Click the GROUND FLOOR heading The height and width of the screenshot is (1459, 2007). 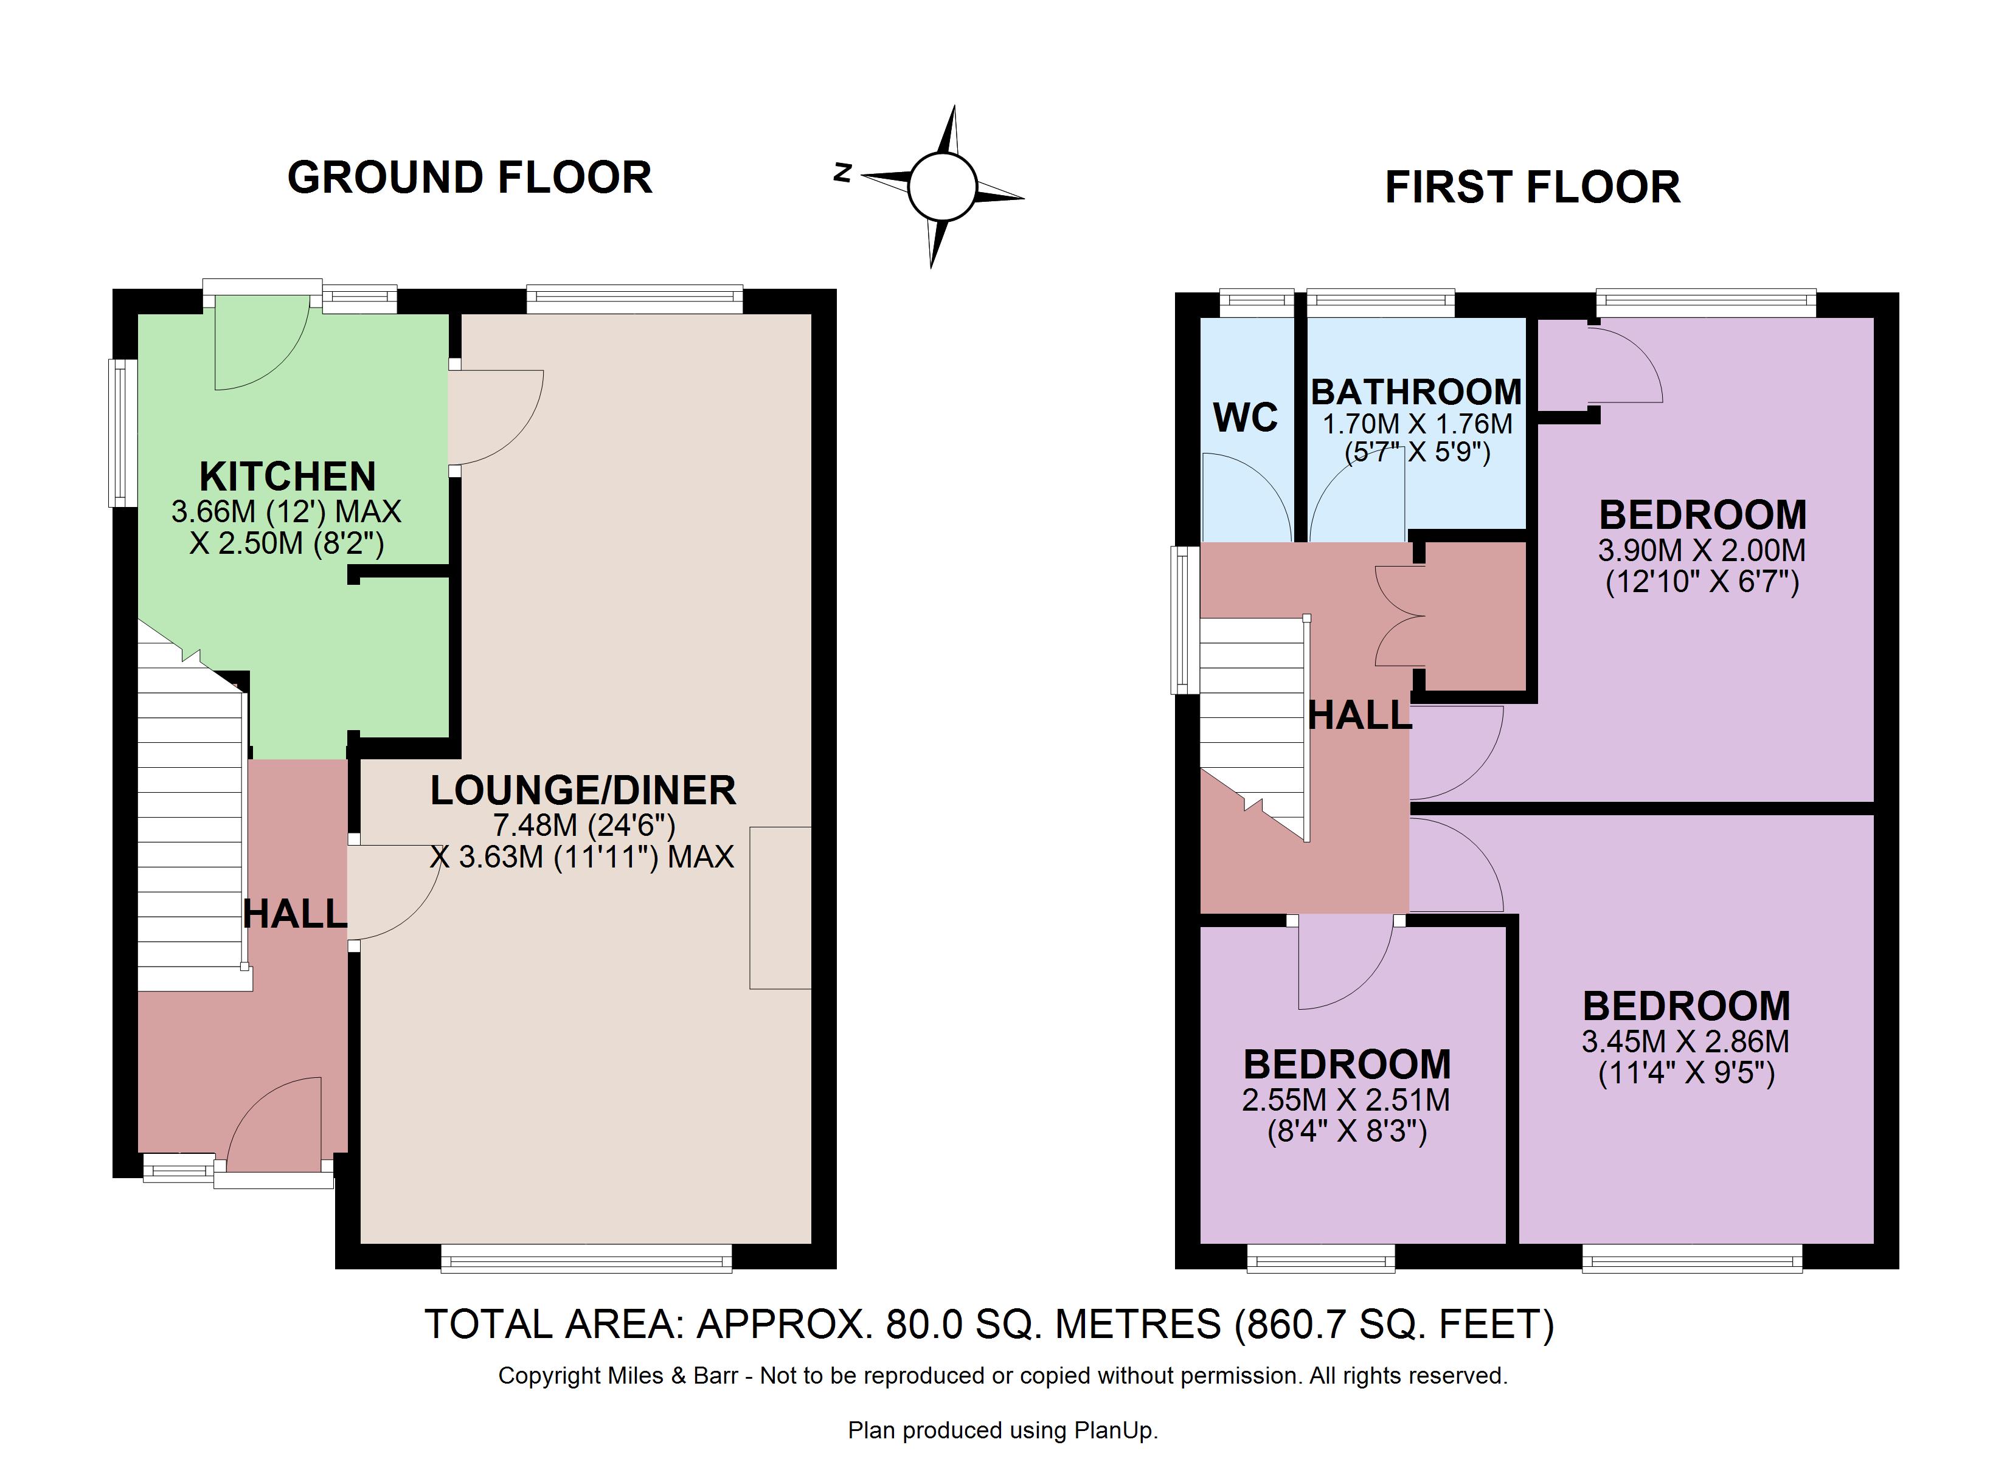[x=470, y=178]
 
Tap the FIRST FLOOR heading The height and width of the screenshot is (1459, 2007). [x=1532, y=188]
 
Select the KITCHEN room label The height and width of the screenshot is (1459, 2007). [x=288, y=477]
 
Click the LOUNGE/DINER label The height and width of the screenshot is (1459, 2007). [x=583, y=790]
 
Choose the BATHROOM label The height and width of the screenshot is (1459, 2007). [x=1416, y=392]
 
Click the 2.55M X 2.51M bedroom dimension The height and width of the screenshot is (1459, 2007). [x=1346, y=1100]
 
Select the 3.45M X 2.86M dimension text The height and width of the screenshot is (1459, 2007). [x=1686, y=1041]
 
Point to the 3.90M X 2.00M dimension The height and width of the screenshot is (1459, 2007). [x=1702, y=550]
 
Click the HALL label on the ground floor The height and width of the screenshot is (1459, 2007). [x=295, y=914]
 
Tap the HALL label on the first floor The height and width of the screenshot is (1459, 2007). [x=1360, y=715]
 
